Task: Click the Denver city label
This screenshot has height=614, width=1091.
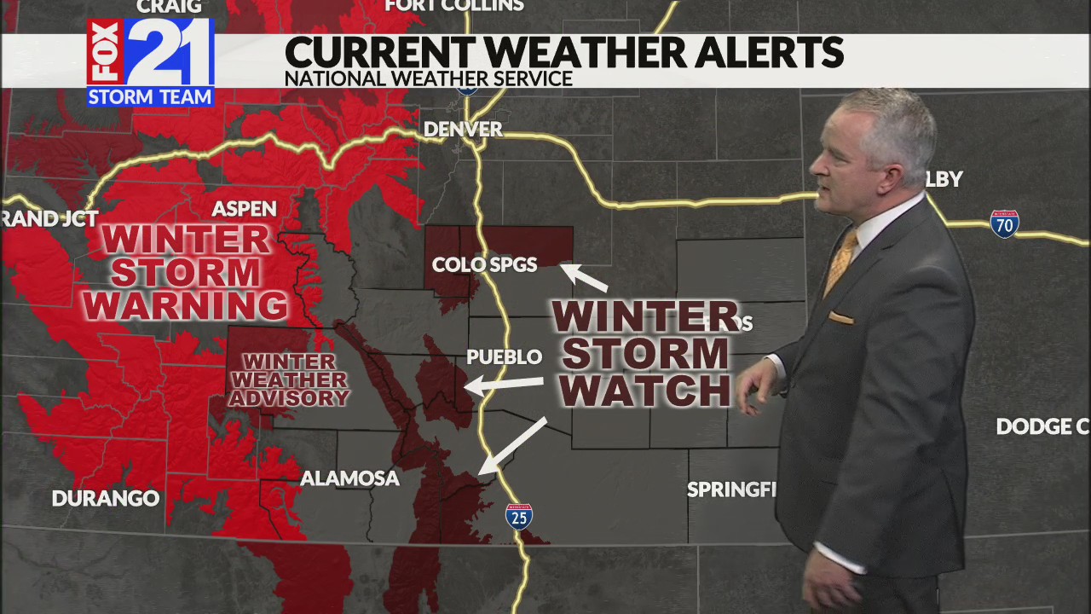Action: tap(463, 130)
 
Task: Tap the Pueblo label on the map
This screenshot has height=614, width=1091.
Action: tap(504, 356)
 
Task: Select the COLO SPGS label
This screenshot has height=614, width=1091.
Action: tap(484, 264)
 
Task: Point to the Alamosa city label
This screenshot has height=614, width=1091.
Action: tap(349, 478)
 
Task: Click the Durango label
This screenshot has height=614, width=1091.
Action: tap(106, 498)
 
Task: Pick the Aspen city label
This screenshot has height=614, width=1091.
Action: tap(244, 209)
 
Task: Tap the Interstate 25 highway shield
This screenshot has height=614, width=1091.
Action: tap(518, 516)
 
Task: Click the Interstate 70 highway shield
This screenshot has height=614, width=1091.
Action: tap(1004, 223)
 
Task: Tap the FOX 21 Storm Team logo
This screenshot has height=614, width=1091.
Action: tap(150, 62)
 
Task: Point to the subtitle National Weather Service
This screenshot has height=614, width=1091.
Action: tap(428, 78)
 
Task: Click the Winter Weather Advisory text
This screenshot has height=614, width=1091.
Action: tap(289, 379)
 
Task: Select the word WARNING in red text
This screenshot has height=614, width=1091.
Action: tap(186, 304)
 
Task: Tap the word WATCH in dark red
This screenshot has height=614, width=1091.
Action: tap(645, 389)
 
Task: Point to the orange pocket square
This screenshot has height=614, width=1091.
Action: tap(840, 318)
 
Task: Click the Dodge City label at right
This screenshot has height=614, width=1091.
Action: tap(1042, 426)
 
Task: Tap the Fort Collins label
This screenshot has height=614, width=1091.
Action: tap(454, 6)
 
